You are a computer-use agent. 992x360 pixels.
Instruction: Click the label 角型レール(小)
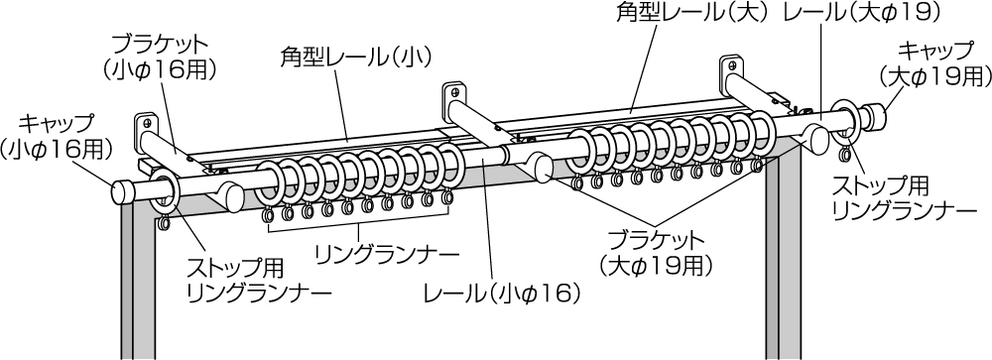[355, 59]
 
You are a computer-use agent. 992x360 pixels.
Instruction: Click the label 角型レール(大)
[692, 13]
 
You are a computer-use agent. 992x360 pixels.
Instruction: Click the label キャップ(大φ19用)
[934, 63]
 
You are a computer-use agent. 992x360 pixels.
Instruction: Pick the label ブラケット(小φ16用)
[159, 57]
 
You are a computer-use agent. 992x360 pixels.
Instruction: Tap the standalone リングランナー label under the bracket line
[387, 256]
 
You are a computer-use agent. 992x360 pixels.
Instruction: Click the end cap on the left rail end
[124, 192]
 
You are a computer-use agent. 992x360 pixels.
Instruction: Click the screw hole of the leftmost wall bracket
[148, 123]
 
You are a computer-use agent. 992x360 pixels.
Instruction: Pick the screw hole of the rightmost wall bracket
[732, 64]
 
